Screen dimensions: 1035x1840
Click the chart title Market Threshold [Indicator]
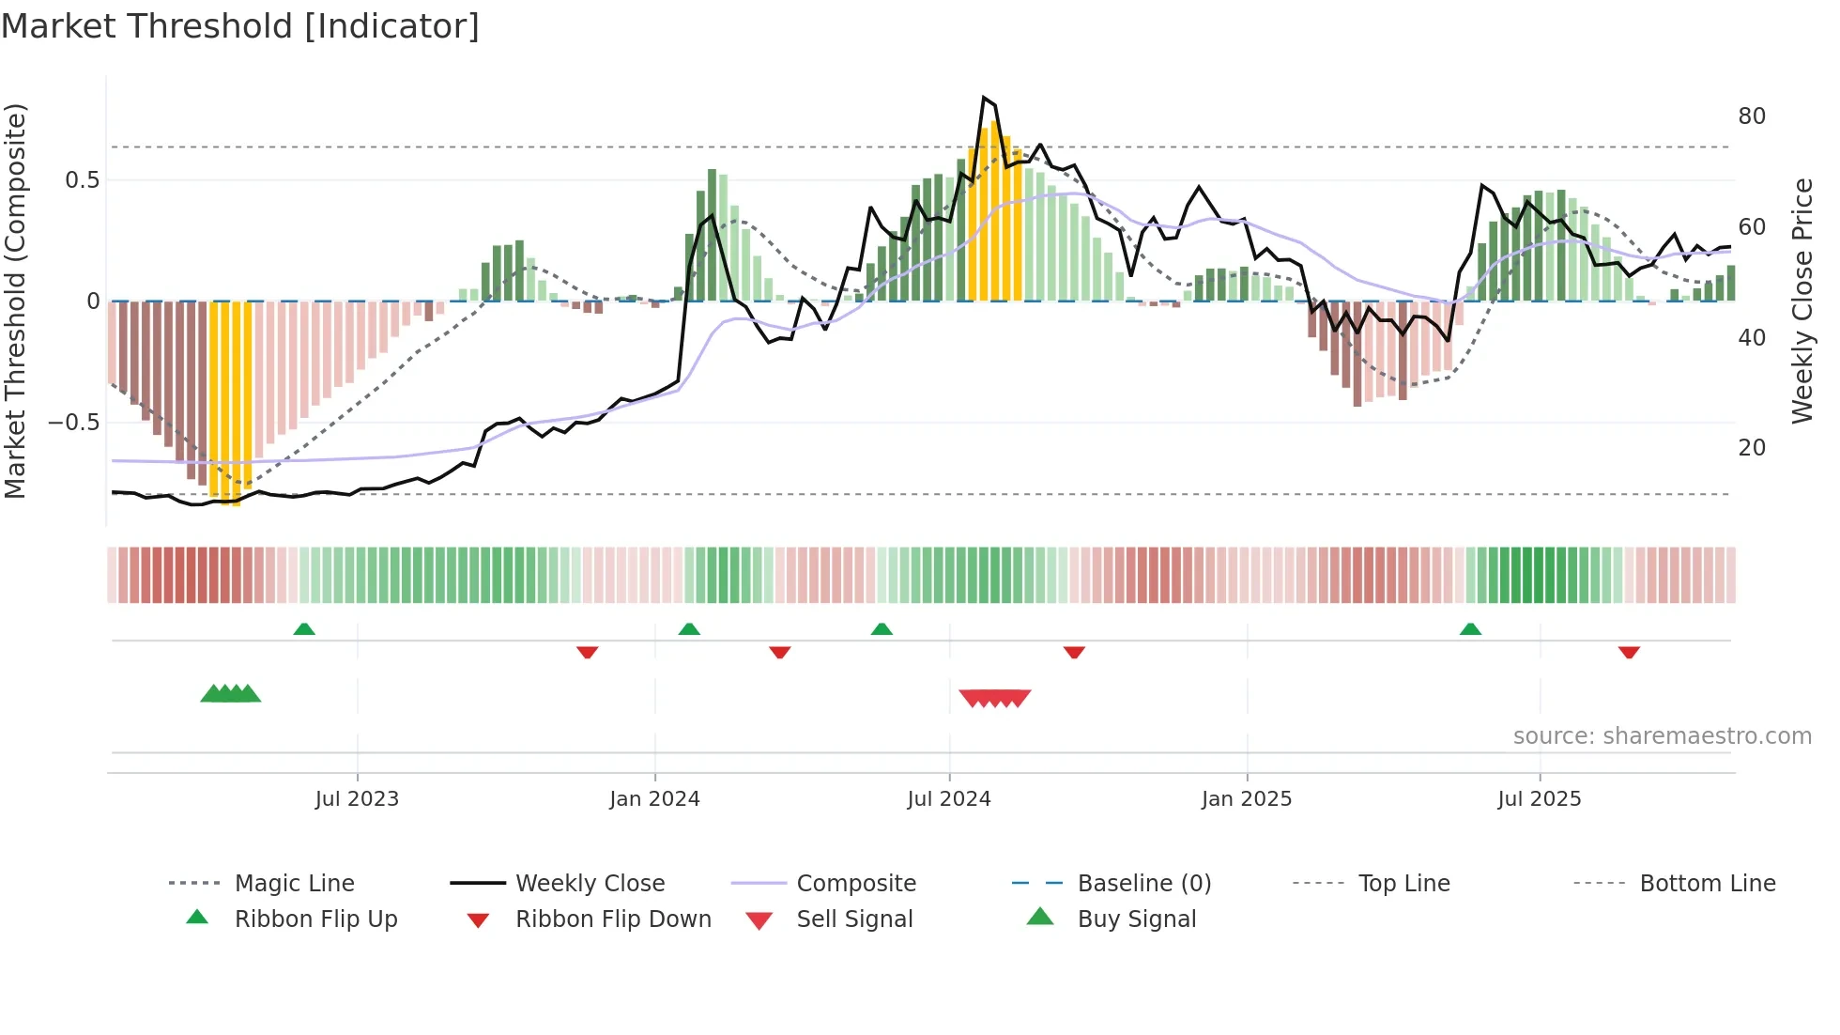click(x=240, y=26)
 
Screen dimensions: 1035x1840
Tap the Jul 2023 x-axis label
click(x=357, y=799)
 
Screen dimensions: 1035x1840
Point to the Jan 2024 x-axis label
click(x=654, y=799)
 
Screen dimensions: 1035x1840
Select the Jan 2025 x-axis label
click(x=1247, y=799)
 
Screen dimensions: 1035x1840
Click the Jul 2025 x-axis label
click(x=1540, y=799)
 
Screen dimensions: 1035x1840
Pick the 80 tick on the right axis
click(x=1752, y=116)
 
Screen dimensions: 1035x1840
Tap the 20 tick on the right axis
click(x=1752, y=448)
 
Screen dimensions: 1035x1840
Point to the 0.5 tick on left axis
click(x=82, y=180)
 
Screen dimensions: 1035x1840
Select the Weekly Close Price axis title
click(x=1802, y=301)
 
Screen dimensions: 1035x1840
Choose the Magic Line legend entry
click(x=294, y=884)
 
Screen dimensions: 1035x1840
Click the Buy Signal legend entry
click(x=1136, y=919)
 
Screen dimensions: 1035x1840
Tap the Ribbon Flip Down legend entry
click(x=613, y=919)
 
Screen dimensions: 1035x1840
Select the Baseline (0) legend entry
click(x=1143, y=884)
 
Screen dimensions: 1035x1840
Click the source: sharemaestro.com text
click(x=1662, y=736)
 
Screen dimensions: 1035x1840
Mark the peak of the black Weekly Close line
click(x=983, y=98)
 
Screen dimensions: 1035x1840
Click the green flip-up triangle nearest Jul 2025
click(x=1470, y=629)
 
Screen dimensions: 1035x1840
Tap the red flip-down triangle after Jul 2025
click(x=1629, y=652)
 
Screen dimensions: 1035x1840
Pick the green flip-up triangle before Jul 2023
click(x=304, y=629)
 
